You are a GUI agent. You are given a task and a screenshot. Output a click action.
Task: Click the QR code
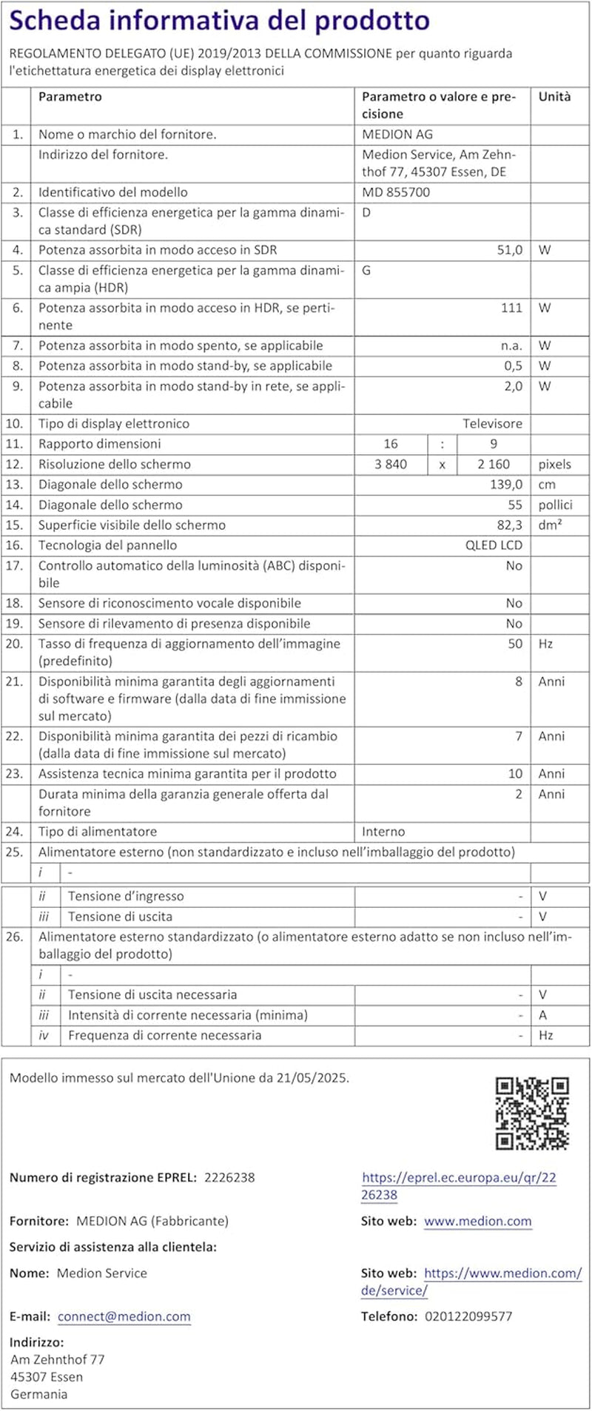click(531, 1114)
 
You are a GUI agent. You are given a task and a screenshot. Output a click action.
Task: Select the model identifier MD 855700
click(396, 192)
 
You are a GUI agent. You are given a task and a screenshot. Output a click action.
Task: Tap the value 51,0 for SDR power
click(509, 250)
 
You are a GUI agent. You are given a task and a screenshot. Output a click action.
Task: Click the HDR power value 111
click(511, 308)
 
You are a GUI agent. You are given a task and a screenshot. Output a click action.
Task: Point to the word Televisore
click(492, 424)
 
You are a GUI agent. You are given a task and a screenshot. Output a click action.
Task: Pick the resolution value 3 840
click(391, 465)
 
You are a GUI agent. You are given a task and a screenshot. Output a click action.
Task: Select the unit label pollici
click(555, 505)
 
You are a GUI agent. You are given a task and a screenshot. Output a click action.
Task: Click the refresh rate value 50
click(515, 644)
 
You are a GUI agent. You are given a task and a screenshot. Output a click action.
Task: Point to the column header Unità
click(554, 97)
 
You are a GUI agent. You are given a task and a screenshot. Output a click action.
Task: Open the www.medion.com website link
click(477, 1222)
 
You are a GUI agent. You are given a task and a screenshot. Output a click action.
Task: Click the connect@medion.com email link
click(124, 1316)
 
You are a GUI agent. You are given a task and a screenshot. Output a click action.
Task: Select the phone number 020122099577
click(468, 1316)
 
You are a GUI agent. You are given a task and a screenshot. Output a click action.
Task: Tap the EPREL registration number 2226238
click(229, 1177)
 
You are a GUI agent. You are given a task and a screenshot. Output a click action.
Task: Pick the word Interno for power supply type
click(383, 832)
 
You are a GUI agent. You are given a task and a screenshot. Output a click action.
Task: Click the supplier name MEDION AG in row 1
click(397, 135)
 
